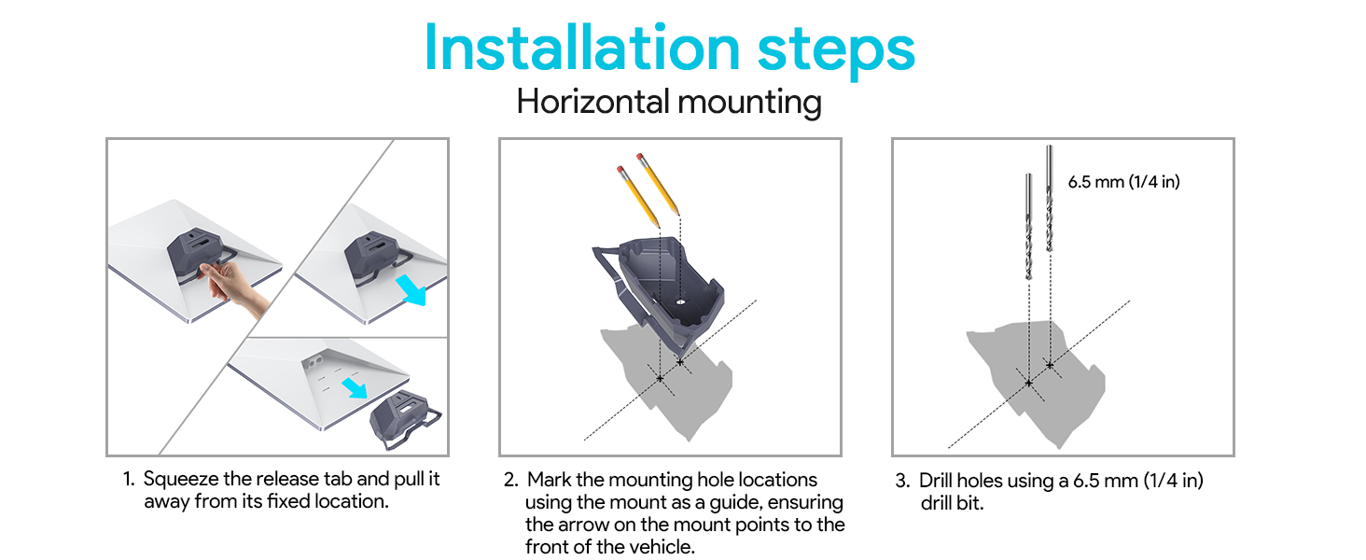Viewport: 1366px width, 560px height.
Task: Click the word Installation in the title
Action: (582, 48)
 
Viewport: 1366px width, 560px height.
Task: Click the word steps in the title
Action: (836, 52)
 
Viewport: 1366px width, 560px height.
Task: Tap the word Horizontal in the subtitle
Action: (592, 101)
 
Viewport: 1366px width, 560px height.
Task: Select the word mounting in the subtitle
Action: (750, 103)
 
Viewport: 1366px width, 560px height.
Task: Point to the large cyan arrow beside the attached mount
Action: (411, 289)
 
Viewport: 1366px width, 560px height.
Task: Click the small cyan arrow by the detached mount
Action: (355, 388)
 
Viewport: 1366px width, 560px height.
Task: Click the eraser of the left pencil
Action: (620, 168)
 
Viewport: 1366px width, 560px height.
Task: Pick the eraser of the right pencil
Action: (640, 157)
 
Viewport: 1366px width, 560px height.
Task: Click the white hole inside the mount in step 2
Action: (680, 301)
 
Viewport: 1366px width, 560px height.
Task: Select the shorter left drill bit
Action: (1029, 226)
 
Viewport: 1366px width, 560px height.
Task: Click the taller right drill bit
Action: (1050, 198)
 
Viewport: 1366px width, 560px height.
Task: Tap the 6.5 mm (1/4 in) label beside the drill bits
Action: (1124, 182)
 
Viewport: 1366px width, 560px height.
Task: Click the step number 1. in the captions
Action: (129, 479)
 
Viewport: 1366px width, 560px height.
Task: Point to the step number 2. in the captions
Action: (511, 480)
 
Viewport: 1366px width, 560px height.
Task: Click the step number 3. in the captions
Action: (902, 481)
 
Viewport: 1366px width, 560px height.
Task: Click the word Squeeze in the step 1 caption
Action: (181, 480)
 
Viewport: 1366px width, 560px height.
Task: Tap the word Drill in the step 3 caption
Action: (936, 481)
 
